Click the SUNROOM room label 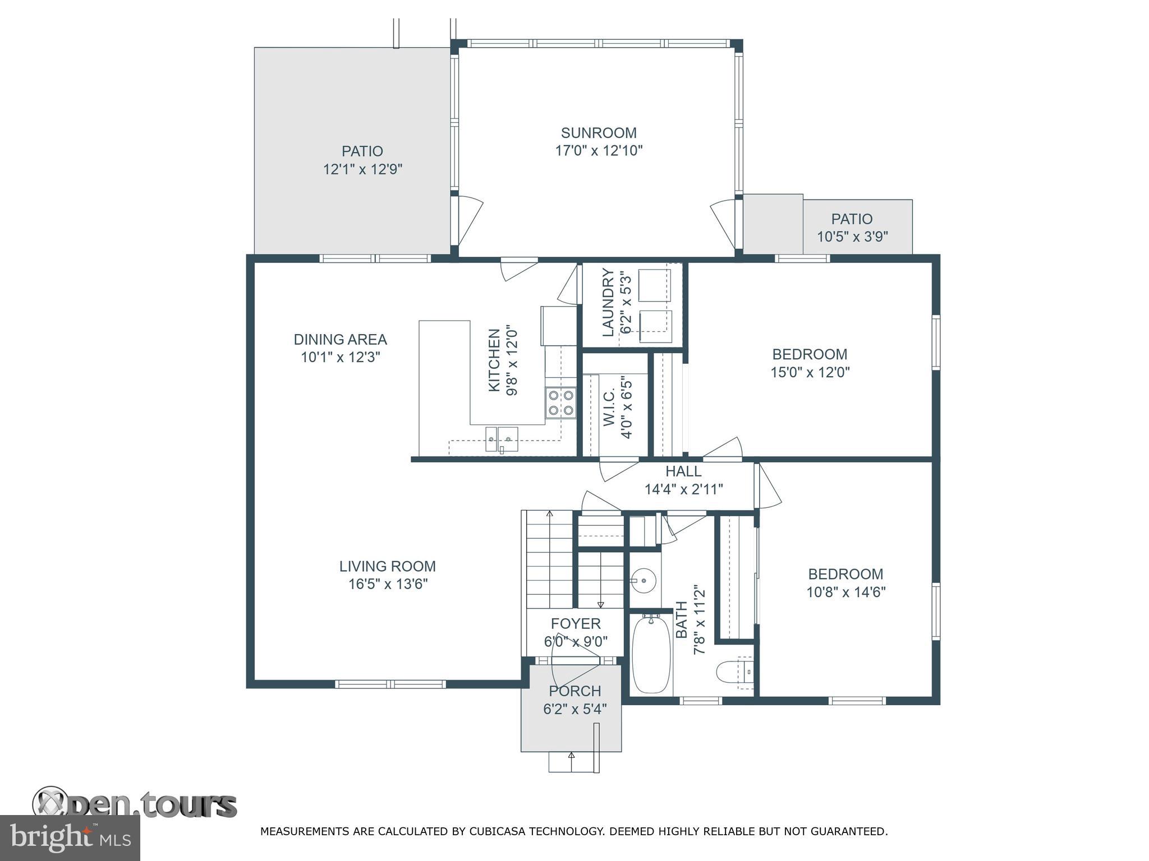pyautogui.click(x=599, y=133)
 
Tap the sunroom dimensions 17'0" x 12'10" pyautogui.click(x=599, y=151)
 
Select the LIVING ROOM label pyautogui.click(x=388, y=566)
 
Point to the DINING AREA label pyautogui.click(x=341, y=339)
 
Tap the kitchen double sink pyautogui.click(x=502, y=438)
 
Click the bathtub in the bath pyautogui.click(x=651, y=654)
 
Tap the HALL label pyautogui.click(x=683, y=471)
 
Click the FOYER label pyautogui.click(x=576, y=623)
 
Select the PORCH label pyautogui.click(x=575, y=691)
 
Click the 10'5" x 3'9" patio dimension pyautogui.click(x=852, y=237)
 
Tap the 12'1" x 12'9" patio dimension pyautogui.click(x=362, y=169)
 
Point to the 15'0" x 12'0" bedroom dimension pyautogui.click(x=810, y=372)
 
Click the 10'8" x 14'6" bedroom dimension pyautogui.click(x=846, y=592)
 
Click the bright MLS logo pyautogui.click(x=70, y=837)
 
